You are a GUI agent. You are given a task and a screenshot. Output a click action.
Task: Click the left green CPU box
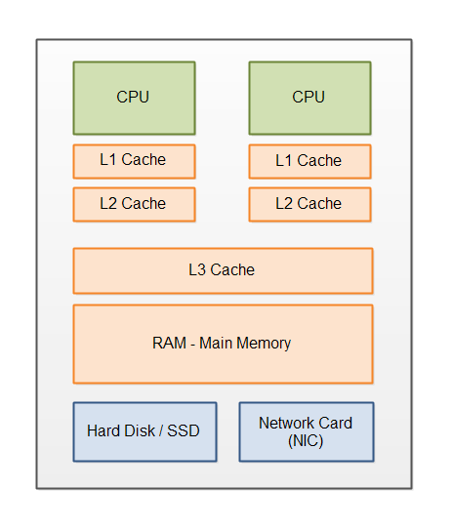(134, 98)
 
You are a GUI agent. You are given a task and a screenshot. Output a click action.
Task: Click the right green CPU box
(309, 98)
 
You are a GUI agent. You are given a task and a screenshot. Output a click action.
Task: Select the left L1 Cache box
(134, 161)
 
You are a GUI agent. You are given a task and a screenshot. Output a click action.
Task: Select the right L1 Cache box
(309, 161)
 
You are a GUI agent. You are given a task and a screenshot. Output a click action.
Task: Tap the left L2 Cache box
(134, 204)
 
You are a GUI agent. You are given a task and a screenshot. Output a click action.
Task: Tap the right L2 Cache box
(309, 204)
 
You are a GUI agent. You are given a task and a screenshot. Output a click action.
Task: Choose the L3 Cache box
(223, 270)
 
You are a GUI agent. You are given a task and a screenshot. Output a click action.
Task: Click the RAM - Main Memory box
(223, 344)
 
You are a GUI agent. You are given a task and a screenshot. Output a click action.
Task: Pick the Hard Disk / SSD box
(144, 431)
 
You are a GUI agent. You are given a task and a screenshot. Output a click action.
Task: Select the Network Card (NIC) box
(306, 431)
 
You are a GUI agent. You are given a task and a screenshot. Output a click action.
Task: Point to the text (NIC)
(306, 440)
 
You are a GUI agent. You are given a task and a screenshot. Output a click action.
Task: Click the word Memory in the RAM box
(266, 344)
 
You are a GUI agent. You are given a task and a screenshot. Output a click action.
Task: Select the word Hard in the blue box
(103, 431)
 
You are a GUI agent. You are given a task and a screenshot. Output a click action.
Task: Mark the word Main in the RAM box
(218, 344)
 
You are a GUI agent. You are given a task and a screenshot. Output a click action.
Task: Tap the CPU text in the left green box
(134, 98)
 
